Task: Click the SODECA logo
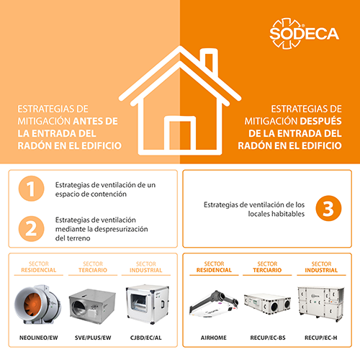click(x=304, y=33)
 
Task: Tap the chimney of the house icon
click(x=209, y=60)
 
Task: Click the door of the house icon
click(x=180, y=135)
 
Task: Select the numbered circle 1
click(x=32, y=189)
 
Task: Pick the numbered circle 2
click(x=32, y=229)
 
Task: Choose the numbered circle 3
click(x=328, y=208)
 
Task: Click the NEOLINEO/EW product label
click(x=39, y=338)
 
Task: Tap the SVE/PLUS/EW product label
click(x=93, y=338)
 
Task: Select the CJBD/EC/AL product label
click(x=146, y=338)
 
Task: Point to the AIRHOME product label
click(x=214, y=338)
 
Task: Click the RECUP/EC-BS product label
click(x=268, y=338)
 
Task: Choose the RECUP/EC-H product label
click(x=321, y=338)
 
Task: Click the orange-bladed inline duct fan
click(x=37, y=304)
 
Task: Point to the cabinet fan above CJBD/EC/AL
click(x=148, y=305)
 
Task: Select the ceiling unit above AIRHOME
click(x=214, y=304)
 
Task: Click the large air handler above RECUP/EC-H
click(x=321, y=304)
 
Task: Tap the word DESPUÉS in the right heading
click(x=320, y=121)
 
